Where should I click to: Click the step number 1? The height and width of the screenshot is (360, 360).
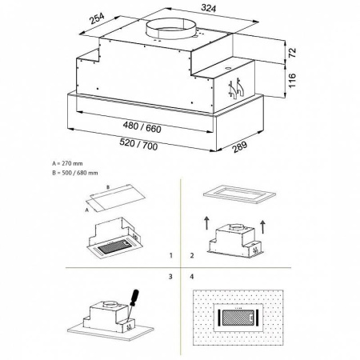point(171,258)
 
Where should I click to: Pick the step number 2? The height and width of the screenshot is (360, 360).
point(192,258)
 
